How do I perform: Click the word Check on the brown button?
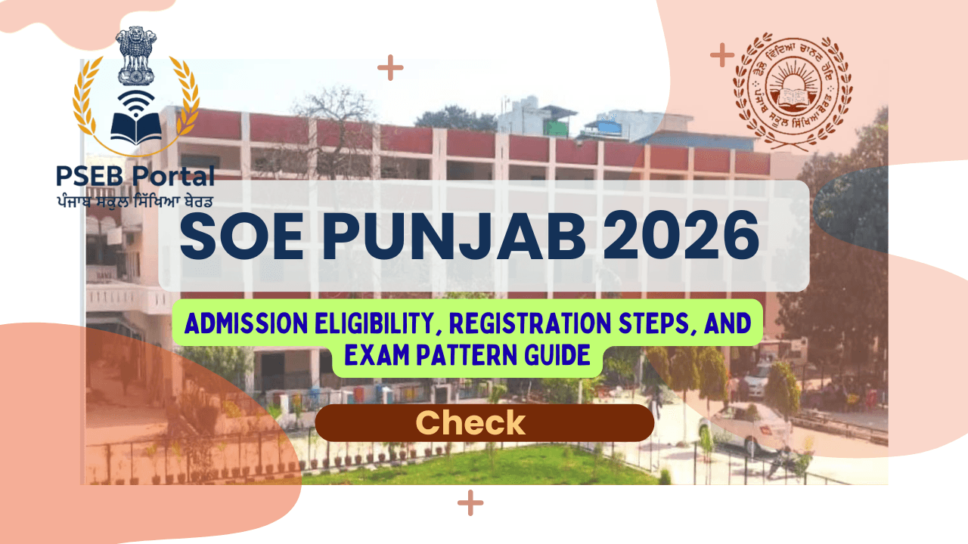[470, 423]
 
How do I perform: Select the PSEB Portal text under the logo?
[135, 177]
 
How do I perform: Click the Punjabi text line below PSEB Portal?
[135, 200]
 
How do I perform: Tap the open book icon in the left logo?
[136, 128]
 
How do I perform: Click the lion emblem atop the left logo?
[136, 57]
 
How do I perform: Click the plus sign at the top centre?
[390, 68]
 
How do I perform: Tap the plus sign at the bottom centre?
[470, 502]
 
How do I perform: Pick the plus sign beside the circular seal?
[722, 54]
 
